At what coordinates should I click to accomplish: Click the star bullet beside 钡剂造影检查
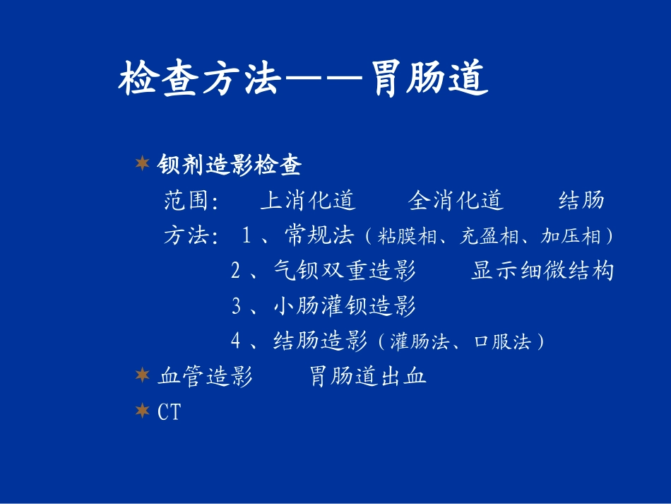pyautogui.click(x=142, y=165)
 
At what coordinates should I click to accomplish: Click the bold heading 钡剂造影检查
pyautogui.click(x=230, y=165)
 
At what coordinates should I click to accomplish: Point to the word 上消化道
pyautogui.click(x=308, y=201)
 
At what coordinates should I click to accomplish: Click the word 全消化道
pyautogui.click(x=456, y=201)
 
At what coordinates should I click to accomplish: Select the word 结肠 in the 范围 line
pyautogui.click(x=581, y=201)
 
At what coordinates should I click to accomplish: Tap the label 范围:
pyautogui.click(x=191, y=201)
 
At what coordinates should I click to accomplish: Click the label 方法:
pyautogui.click(x=191, y=236)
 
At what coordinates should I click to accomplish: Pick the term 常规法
pyautogui.click(x=319, y=235)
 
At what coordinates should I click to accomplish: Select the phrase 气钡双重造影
pyautogui.click(x=344, y=271)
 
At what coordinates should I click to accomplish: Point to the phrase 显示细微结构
pyautogui.click(x=542, y=271)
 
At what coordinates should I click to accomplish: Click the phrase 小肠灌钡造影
pyautogui.click(x=344, y=306)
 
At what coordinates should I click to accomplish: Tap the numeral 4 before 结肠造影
pyautogui.click(x=236, y=341)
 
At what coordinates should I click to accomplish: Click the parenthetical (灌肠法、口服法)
pyautogui.click(x=460, y=342)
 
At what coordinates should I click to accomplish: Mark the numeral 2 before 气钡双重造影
pyautogui.click(x=236, y=271)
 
